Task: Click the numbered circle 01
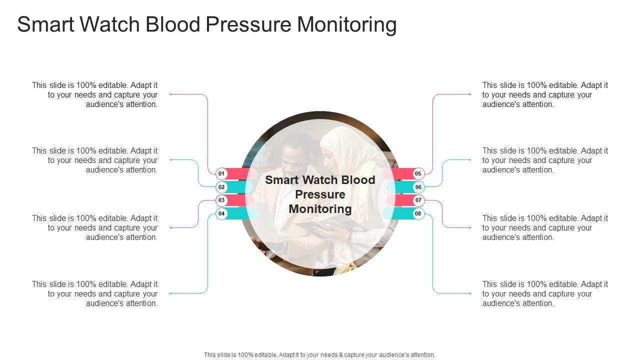[221, 173]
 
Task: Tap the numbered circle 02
[221, 187]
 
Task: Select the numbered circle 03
[221, 200]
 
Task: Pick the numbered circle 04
[221, 213]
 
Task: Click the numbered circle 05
[418, 173]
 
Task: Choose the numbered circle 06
[418, 187]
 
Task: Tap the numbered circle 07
[418, 200]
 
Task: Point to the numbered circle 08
[418, 213]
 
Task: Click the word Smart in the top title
[46, 24]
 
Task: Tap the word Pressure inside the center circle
[320, 194]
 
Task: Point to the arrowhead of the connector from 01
[171, 94]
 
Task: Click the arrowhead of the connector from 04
[171, 293]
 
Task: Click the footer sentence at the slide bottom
[319, 355]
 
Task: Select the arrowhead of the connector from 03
[171, 227]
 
